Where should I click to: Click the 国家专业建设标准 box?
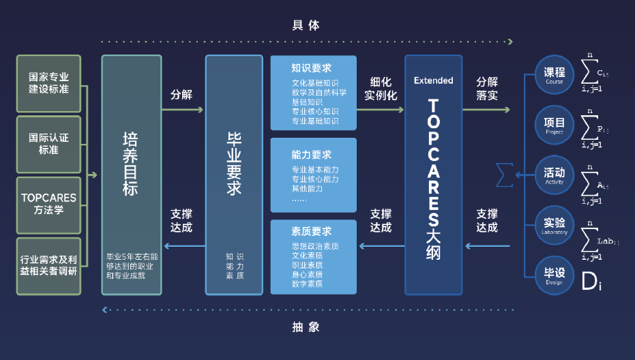click(x=48, y=83)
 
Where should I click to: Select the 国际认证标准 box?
click(x=48, y=143)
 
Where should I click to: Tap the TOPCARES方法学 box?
click(x=48, y=203)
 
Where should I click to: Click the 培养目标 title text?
click(x=130, y=164)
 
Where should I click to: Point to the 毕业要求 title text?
click(x=234, y=164)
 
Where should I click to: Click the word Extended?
click(x=433, y=80)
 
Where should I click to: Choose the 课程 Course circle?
click(x=555, y=75)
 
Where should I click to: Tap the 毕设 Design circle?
click(x=555, y=275)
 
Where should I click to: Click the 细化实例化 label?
click(x=381, y=88)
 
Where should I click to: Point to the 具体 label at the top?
click(x=306, y=25)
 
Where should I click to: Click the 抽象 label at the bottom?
click(x=306, y=327)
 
